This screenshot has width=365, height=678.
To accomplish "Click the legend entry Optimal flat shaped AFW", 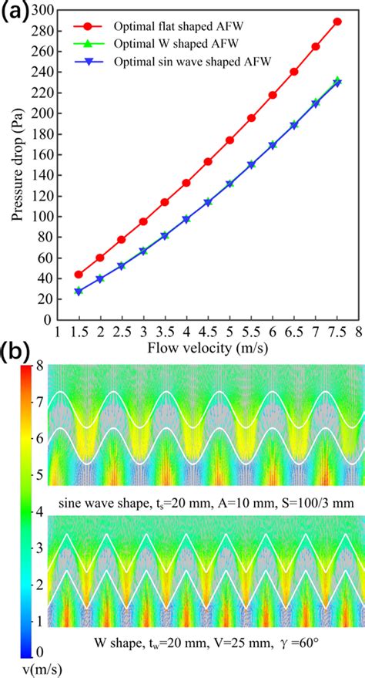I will (162, 26).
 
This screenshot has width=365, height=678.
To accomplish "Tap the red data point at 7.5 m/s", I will (337, 22).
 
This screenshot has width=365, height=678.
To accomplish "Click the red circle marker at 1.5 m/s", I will (79, 275).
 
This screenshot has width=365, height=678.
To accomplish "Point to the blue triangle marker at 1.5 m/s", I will (79, 291).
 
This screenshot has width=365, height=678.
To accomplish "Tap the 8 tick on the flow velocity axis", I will (358, 332).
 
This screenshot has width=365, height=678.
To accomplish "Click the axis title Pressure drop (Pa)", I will (17, 166).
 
